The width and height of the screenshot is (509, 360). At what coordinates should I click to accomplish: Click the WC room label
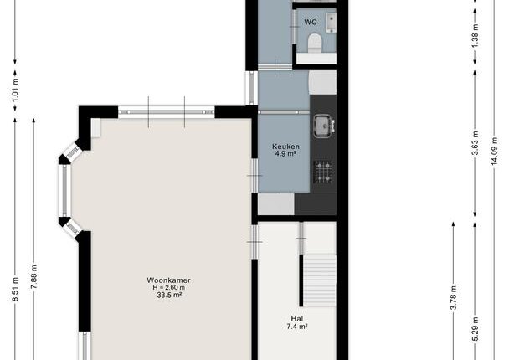(x=311, y=22)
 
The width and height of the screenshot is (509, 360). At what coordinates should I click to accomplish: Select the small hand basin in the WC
(x=331, y=23)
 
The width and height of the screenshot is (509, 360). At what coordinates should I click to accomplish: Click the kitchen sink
(x=324, y=126)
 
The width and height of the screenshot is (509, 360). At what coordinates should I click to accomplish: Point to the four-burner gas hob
(x=324, y=172)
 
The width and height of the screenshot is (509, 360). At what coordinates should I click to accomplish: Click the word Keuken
(x=285, y=147)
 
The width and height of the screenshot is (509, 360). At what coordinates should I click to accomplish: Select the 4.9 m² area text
(x=285, y=153)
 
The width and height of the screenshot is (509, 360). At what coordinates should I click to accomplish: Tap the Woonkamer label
(x=168, y=280)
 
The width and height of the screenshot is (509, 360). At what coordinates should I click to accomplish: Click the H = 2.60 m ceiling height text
(x=169, y=288)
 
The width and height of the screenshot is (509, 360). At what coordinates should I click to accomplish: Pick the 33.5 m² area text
(x=169, y=295)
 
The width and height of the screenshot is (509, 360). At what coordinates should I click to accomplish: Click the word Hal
(x=297, y=319)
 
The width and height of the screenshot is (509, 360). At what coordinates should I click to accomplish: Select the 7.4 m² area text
(x=297, y=327)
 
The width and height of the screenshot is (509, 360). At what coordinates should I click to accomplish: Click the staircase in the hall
(x=320, y=280)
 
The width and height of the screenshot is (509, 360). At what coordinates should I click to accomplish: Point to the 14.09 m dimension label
(x=495, y=152)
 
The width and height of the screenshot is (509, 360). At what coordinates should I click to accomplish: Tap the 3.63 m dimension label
(x=475, y=143)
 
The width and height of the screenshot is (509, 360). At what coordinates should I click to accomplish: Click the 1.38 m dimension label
(x=475, y=35)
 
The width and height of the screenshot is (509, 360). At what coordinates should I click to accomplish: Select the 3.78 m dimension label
(x=454, y=298)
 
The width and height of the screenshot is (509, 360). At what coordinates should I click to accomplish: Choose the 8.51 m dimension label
(x=15, y=290)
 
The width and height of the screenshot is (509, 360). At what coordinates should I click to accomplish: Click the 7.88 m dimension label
(x=33, y=276)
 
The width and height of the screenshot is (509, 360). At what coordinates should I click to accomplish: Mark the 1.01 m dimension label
(x=15, y=90)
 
